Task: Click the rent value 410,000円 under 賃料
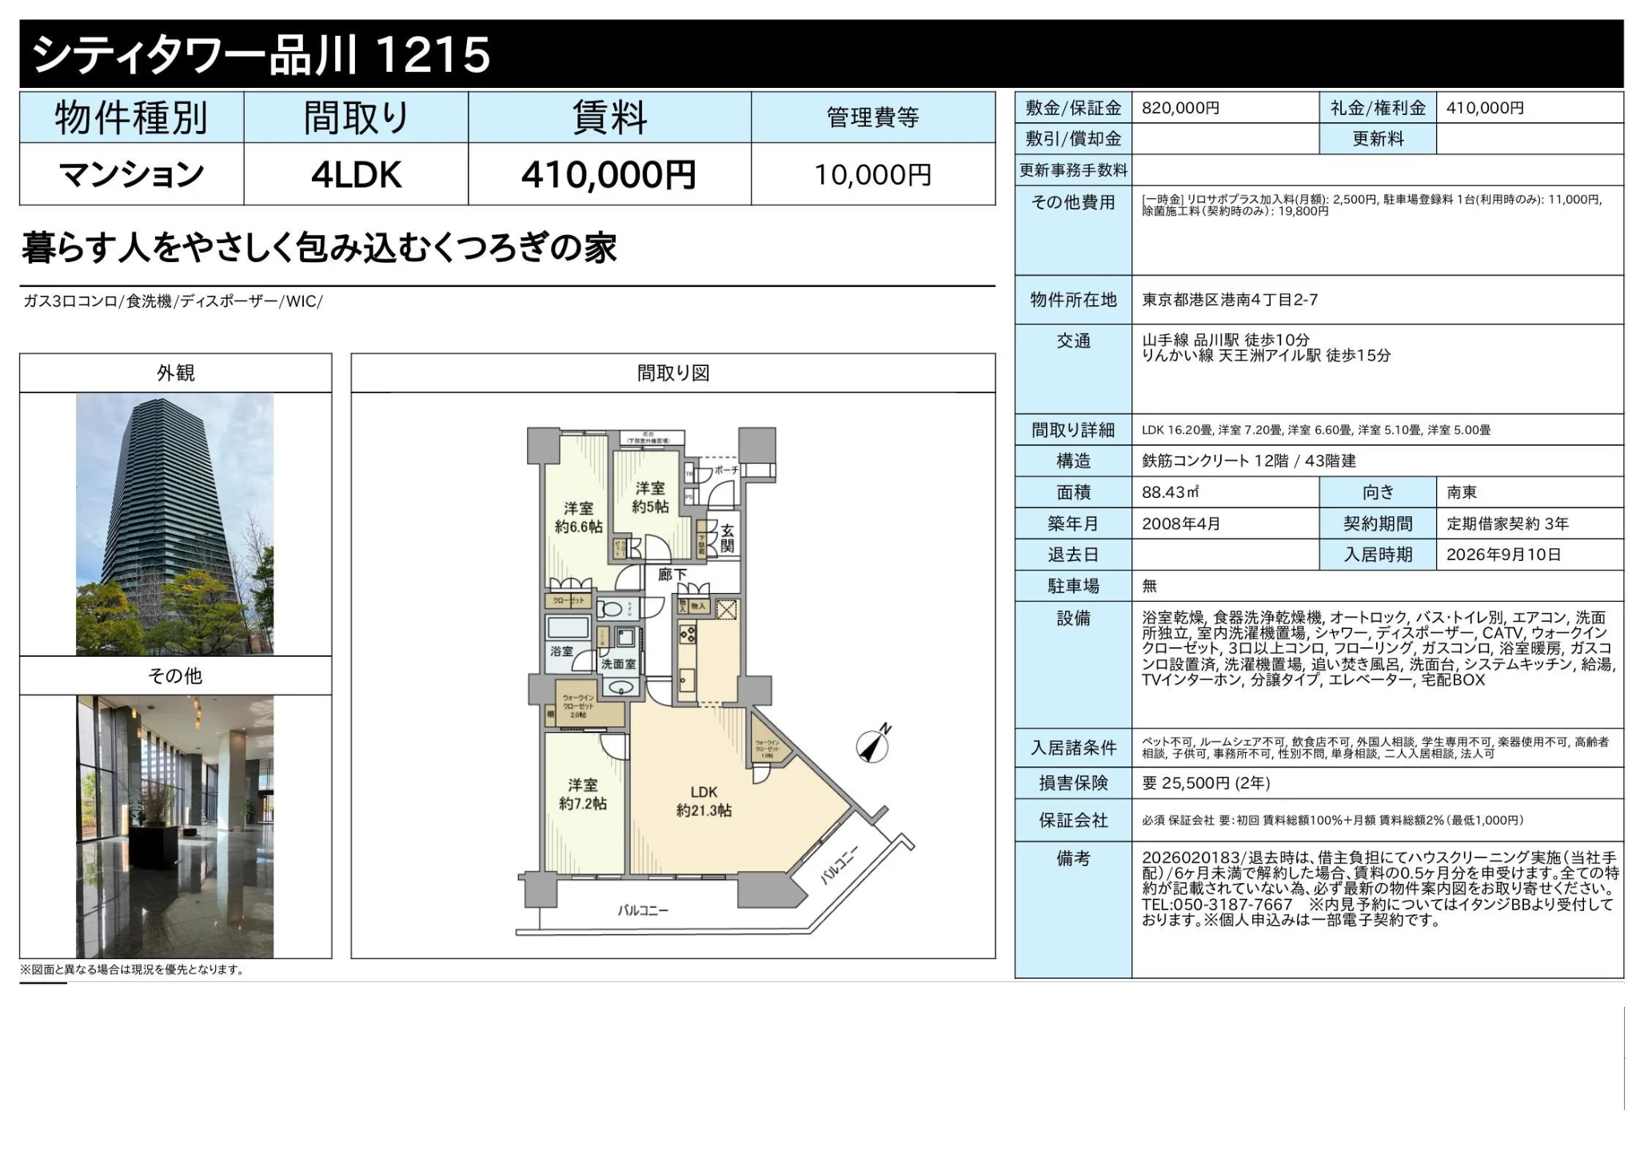click(609, 175)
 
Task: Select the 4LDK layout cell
click(356, 175)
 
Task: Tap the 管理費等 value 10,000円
click(872, 175)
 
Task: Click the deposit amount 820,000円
click(1180, 108)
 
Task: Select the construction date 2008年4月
click(1181, 523)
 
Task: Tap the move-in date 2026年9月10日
click(1503, 555)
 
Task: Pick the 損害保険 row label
click(1073, 783)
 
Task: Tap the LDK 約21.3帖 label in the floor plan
click(704, 801)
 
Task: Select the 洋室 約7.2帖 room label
click(582, 794)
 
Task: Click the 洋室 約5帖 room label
click(649, 497)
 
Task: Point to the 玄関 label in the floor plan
click(727, 538)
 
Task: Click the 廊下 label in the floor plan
click(672, 575)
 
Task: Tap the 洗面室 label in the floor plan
click(618, 664)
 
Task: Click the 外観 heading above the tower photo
click(175, 373)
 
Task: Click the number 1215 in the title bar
click(432, 54)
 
